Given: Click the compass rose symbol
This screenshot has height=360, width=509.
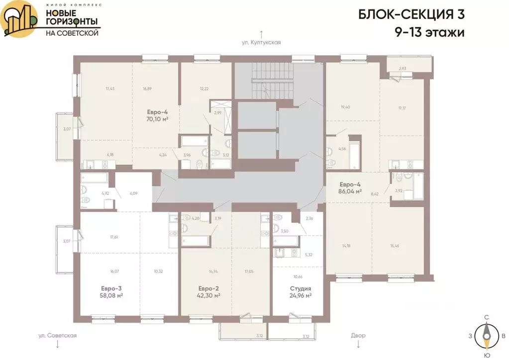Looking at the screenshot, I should [486, 336].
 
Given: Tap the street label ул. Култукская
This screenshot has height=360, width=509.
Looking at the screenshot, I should [261, 42].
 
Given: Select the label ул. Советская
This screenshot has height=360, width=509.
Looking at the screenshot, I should [57, 336].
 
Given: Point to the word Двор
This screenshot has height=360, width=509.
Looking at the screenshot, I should [358, 336].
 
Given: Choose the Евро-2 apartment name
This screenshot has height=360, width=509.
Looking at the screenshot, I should [208, 288].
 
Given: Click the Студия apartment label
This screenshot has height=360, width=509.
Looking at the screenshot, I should [301, 288].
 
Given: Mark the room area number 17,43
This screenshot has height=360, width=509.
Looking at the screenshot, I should [110, 89].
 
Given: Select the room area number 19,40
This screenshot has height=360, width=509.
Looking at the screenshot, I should [345, 107].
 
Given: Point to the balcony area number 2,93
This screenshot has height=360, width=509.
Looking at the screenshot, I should [403, 68].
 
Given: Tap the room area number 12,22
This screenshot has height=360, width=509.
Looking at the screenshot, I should [204, 89].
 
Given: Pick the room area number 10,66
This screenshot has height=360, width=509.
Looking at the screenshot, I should [298, 276].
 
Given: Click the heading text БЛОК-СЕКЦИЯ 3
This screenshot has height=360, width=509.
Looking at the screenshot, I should [411, 14].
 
